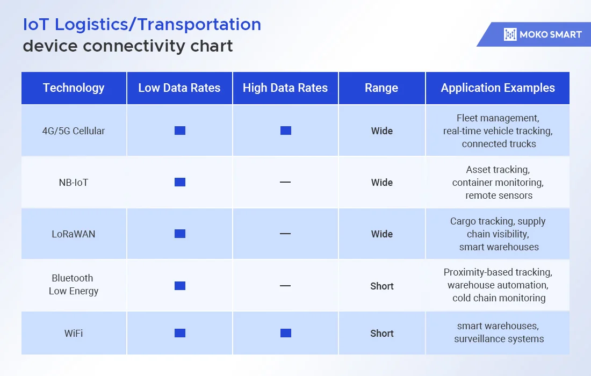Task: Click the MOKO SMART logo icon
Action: pyautogui.click(x=510, y=34)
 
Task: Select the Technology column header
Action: pyautogui.click(x=74, y=88)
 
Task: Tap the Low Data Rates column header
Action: pyautogui.click(x=179, y=88)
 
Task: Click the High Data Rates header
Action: pyautogui.click(x=285, y=88)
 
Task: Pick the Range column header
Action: pyautogui.click(x=381, y=88)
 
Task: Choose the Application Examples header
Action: pyautogui.click(x=498, y=88)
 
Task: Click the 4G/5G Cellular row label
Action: pyautogui.click(x=74, y=131)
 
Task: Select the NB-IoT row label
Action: pyautogui.click(x=74, y=182)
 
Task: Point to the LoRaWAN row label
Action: pyautogui.click(x=74, y=234)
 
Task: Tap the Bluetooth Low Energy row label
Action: pyautogui.click(x=74, y=285)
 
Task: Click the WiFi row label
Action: pyautogui.click(x=74, y=334)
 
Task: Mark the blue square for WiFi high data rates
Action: pyautogui.click(x=286, y=333)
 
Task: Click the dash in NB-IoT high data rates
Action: pyautogui.click(x=285, y=182)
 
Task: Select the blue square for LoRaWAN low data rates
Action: pyautogui.click(x=180, y=234)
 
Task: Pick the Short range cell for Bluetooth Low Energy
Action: pyautogui.click(x=382, y=286)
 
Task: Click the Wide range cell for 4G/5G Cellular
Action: pyautogui.click(x=382, y=131)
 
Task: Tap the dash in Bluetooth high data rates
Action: pyautogui.click(x=285, y=286)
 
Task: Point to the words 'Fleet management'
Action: pyautogui.click(x=498, y=118)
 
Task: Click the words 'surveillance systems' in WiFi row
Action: pyautogui.click(x=499, y=339)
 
